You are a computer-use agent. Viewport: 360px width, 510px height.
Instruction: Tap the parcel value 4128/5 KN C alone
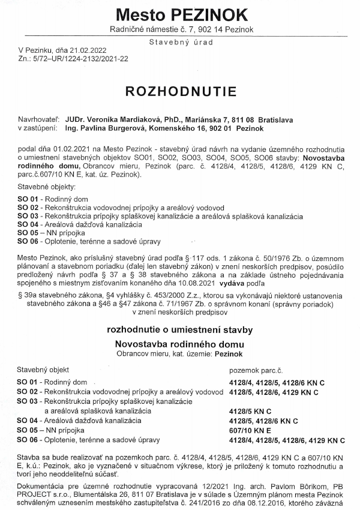[250, 411]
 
